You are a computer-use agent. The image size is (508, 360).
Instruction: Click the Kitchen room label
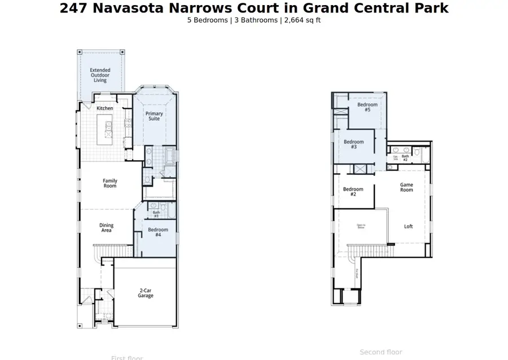[x=104, y=108]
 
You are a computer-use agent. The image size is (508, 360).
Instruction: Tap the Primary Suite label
[x=154, y=116]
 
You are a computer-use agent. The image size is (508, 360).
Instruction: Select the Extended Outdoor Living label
[x=100, y=76]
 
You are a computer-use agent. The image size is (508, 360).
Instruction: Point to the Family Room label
[x=110, y=183]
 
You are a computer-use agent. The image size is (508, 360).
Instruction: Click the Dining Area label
[x=107, y=228]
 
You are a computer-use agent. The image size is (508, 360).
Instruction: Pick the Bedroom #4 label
[x=158, y=232]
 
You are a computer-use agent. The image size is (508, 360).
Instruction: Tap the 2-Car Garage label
[x=146, y=293]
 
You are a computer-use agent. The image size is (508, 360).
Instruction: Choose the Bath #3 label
[x=156, y=214]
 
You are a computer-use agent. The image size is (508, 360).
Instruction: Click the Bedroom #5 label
[x=367, y=107]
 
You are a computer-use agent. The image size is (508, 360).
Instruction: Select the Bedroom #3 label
[x=354, y=144]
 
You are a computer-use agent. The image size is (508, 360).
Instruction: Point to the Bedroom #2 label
[x=353, y=192]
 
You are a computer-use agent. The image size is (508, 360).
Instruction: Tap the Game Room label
[x=406, y=187]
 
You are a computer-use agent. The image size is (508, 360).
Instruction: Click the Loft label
[x=409, y=226]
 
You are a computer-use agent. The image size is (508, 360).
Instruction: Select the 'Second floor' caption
[x=381, y=352]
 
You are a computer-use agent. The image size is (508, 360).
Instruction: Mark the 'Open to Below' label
[x=361, y=226]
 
